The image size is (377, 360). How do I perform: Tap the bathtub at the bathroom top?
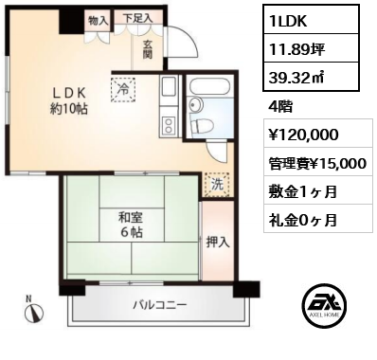click(209, 86)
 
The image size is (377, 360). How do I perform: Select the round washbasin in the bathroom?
click(195, 105)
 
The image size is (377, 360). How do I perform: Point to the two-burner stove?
click(169, 125)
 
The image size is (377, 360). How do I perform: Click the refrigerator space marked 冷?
click(123, 90)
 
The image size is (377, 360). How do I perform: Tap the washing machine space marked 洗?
click(217, 185)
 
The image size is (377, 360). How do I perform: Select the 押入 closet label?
click(218, 243)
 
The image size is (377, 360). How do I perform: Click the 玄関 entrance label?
click(148, 49)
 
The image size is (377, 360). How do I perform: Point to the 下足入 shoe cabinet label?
click(138, 18)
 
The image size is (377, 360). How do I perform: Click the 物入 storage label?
click(99, 21)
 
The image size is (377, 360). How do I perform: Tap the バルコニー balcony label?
click(160, 305)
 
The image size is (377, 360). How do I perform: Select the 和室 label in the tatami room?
click(131, 218)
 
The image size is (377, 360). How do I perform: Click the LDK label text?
click(69, 93)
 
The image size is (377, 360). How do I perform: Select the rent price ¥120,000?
click(303, 135)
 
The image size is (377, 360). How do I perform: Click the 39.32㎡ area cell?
click(312, 77)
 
